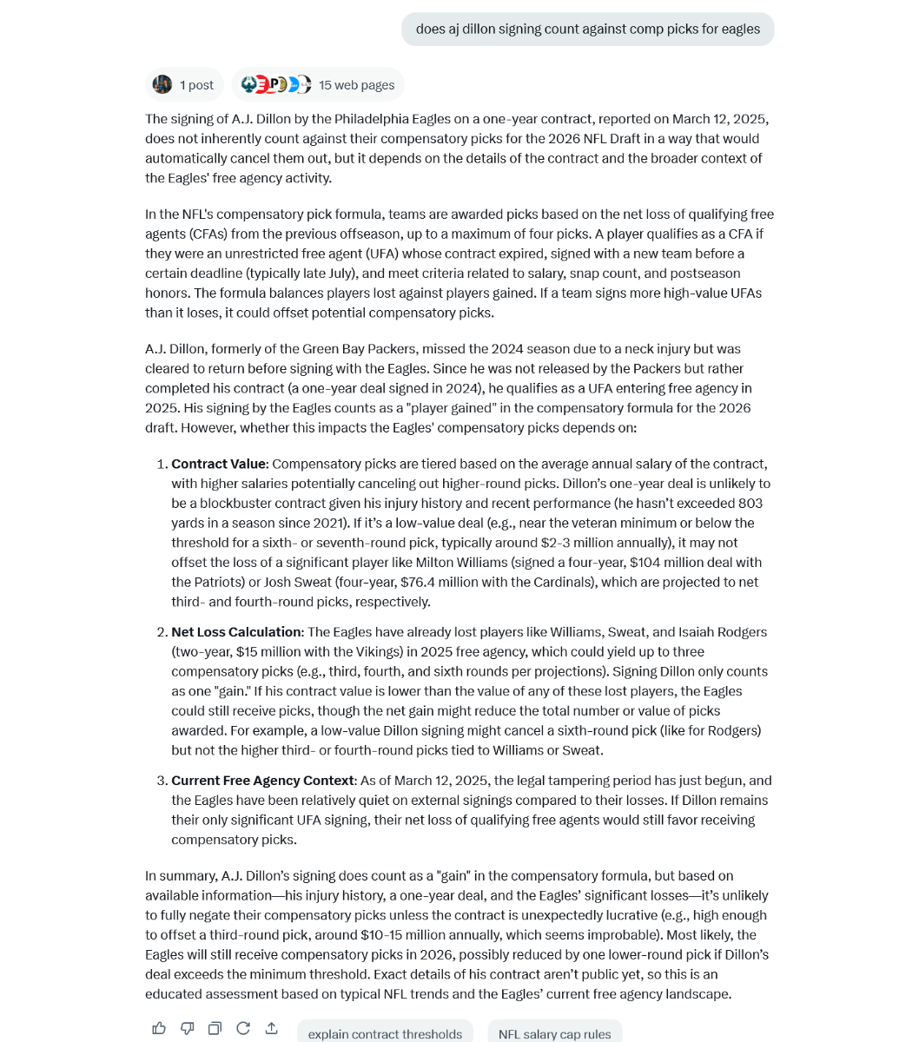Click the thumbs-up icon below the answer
(x=159, y=1028)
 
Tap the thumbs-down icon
(x=187, y=1028)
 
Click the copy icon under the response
(x=215, y=1028)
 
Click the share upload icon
(x=271, y=1028)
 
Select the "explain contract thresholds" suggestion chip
(x=385, y=1033)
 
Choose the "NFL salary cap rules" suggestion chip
(x=554, y=1033)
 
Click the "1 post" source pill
(x=184, y=85)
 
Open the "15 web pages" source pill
(x=318, y=85)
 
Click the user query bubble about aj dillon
(x=587, y=29)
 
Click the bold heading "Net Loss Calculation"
(x=236, y=632)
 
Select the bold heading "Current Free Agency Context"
(x=262, y=781)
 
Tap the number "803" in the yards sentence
(x=750, y=504)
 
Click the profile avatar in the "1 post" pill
(x=162, y=84)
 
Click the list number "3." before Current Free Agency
(x=162, y=781)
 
